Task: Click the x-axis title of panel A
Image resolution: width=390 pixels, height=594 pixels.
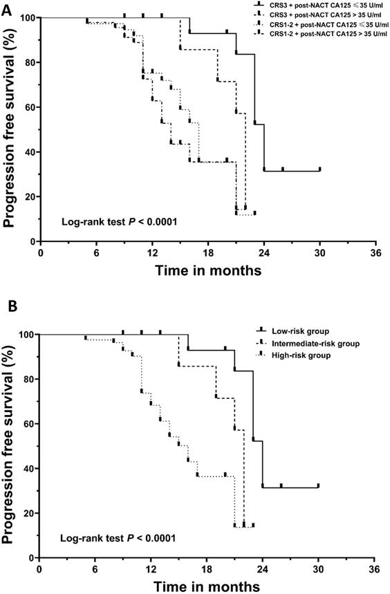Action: [x=207, y=270]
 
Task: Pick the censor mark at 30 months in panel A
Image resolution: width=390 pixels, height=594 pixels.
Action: [x=319, y=169]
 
